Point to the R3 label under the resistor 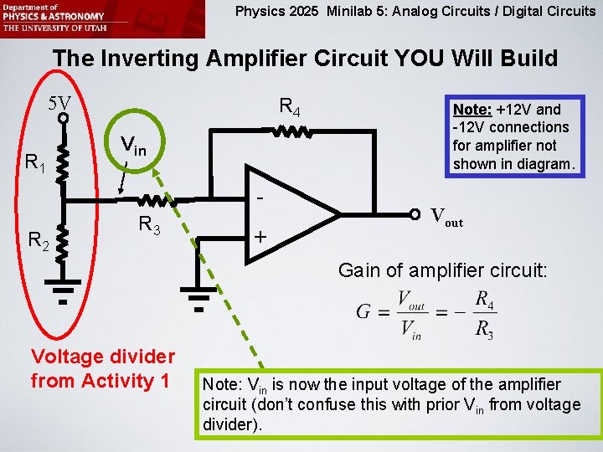tap(150, 224)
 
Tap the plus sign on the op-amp tap(260, 238)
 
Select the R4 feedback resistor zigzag tap(290, 131)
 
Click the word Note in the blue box tap(472, 110)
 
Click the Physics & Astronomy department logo tap(54, 18)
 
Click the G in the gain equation tap(363, 312)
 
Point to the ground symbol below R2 tap(62, 294)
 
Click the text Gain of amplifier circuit tap(442, 270)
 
